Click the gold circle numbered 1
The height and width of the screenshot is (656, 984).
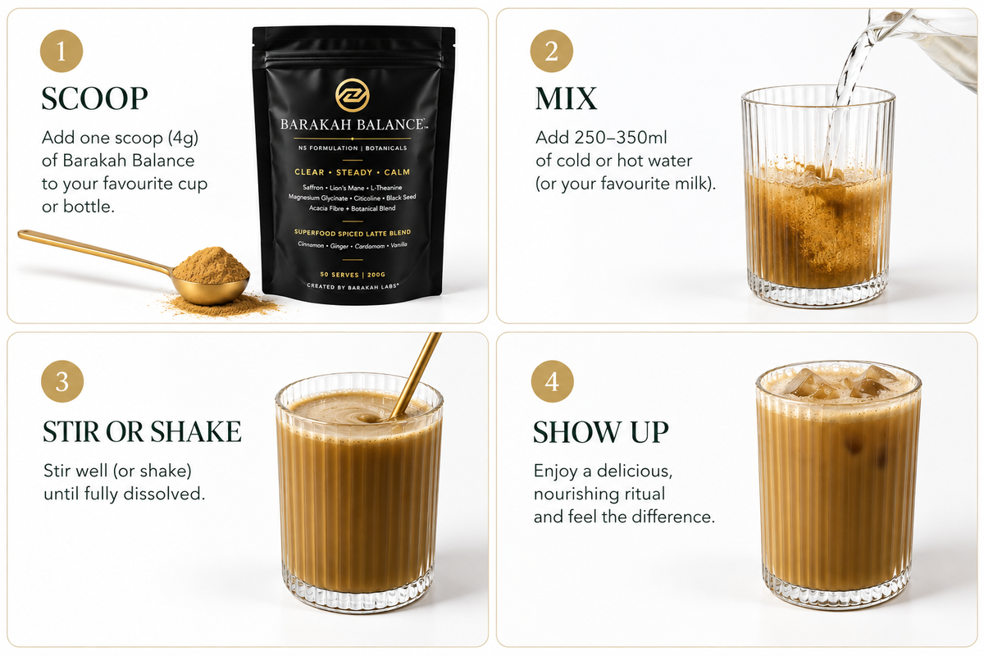tap(61, 51)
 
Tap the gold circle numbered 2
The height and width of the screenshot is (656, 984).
tap(551, 51)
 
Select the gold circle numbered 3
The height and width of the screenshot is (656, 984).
tap(62, 381)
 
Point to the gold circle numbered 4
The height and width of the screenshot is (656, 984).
tap(552, 381)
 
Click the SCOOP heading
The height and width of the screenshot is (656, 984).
tap(94, 98)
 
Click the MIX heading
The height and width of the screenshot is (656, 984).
tap(567, 98)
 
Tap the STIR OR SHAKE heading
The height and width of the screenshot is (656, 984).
tap(142, 431)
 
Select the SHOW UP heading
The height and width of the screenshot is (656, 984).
tap(600, 432)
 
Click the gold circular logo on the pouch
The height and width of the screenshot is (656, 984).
tap(353, 95)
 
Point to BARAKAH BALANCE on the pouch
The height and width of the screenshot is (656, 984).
tap(353, 125)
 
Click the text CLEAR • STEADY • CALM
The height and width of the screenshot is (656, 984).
tap(353, 172)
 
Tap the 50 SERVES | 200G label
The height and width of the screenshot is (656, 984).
tap(353, 275)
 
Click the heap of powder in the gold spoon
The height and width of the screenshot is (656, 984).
tap(211, 266)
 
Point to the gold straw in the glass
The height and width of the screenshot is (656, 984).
tap(415, 375)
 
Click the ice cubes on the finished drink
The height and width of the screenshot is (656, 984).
tap(839, 382)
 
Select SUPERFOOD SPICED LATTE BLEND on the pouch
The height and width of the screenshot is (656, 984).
tap(353, 232)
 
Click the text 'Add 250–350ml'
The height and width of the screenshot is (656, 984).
tap(601, 138)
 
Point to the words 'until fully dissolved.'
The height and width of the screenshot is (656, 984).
tap(125, 494)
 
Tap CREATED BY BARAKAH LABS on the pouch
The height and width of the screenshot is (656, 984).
tap(353, 286)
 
